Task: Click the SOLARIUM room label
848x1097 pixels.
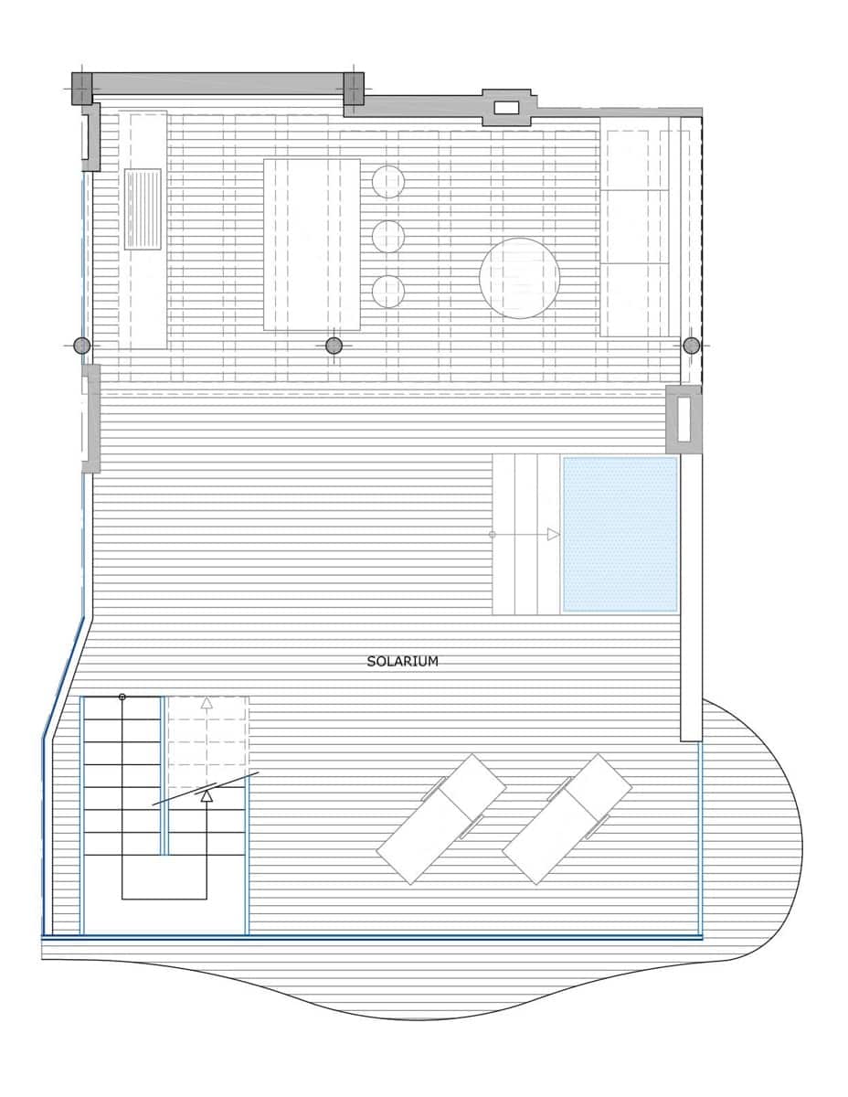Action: [402, 661]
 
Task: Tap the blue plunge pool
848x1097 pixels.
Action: [620, 534]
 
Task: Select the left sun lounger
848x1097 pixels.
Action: [441, 819]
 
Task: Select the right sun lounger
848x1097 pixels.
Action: [567, 819]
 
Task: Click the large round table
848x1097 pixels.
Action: [519, 278]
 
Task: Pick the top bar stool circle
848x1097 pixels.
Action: [388, 182]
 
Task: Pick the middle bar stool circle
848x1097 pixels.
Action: [388, 237]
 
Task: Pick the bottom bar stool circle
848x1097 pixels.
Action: [388, 292]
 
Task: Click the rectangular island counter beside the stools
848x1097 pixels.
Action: [312, 244]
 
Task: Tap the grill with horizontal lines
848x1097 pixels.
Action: [143, 208]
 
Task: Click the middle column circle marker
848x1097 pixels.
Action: [334, 346]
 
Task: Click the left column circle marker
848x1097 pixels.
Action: [82, 346]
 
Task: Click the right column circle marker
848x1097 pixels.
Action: [692, 346]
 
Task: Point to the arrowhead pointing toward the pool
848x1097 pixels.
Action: [553, 534]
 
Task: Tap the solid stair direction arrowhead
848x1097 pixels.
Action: [207, 797]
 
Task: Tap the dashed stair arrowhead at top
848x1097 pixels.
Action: [207, 704]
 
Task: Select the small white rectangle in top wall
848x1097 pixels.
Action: [506, 108]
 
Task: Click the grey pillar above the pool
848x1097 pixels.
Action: [684, 420]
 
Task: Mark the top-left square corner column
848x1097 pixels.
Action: [82, 89]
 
